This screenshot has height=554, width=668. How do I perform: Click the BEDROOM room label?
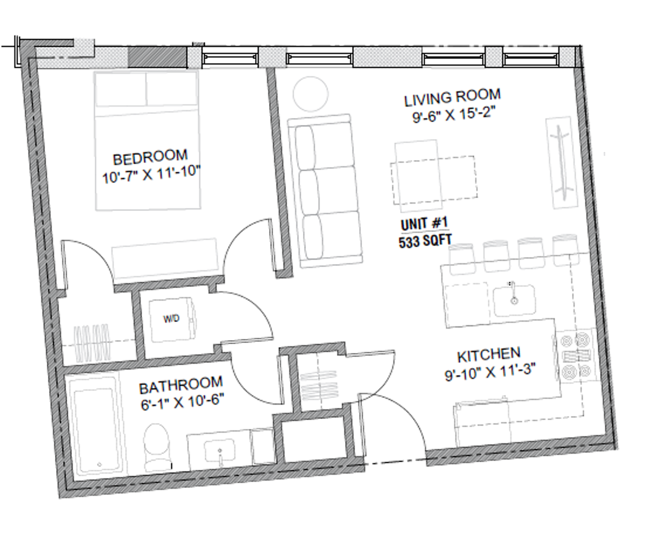150,157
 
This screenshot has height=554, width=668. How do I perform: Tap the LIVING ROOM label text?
452,97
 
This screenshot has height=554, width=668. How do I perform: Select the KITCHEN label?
489,355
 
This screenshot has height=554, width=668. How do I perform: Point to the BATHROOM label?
181,385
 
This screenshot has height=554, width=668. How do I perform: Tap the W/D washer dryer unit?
172,320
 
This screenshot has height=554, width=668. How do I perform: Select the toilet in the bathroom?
157,447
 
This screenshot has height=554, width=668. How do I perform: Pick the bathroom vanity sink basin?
219,450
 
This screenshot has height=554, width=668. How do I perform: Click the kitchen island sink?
514,300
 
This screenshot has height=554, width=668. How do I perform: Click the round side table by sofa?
310,94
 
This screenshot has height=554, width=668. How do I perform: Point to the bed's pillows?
146,89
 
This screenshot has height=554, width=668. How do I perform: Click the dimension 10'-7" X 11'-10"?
151,174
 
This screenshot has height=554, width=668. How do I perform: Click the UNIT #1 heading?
425,224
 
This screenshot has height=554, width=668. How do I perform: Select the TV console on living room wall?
562,163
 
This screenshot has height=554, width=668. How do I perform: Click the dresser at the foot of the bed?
165,259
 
